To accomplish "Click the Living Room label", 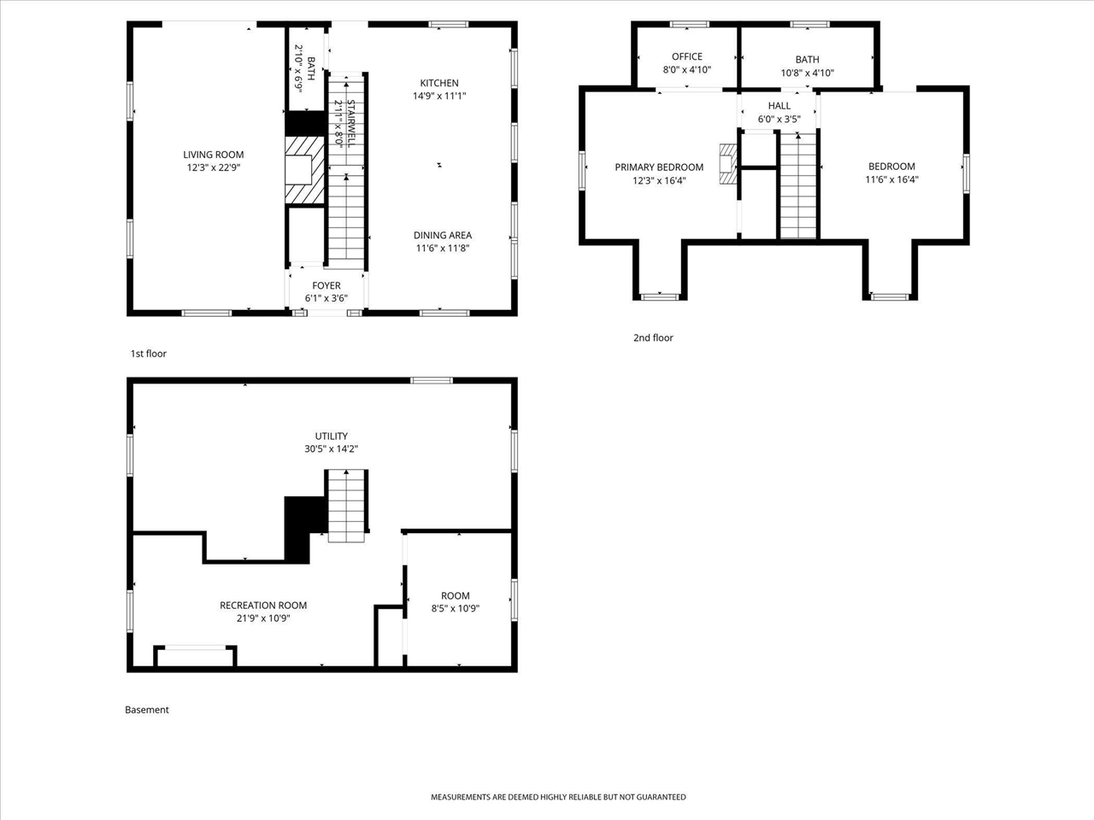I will point(213,155).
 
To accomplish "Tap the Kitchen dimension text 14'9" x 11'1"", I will point(438,97).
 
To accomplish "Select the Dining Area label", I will point(442,235).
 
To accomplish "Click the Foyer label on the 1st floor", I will point(326,285).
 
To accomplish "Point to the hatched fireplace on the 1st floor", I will point(305,181).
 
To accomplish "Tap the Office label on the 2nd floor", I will point(686,56).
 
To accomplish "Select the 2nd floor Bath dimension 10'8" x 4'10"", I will point(807,73).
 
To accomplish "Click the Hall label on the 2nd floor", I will point(779,106).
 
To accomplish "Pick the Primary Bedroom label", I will point(659,167).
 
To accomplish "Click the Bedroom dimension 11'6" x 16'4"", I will point(891,180).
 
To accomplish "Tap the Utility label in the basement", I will point(331,436).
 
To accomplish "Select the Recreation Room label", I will point(263,605).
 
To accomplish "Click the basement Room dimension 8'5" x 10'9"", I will point(455,609).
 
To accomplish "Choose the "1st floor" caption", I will point(148,354).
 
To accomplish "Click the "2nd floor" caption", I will point(653,337).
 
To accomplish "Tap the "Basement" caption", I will point(147,710).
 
